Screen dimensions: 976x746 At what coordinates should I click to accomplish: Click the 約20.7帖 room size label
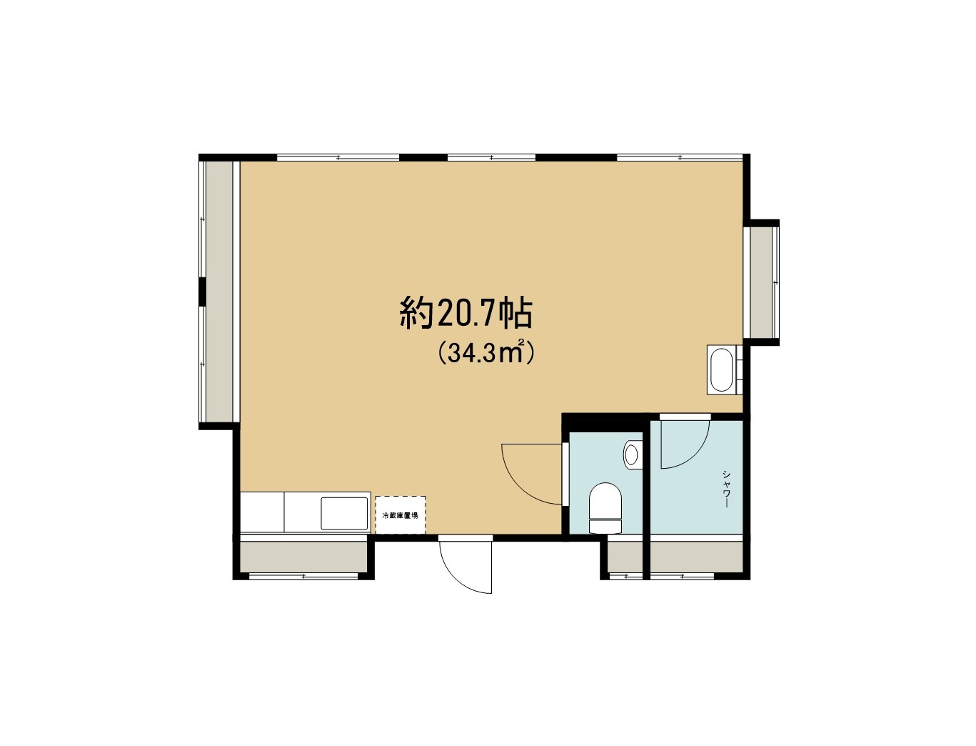(x=466, y=314)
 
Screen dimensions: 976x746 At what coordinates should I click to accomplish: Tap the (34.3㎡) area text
(x=486, y=353)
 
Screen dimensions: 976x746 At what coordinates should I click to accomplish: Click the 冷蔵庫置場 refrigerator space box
(x=401, y=514)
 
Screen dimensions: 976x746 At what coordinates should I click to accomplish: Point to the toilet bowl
(x=605, y=507)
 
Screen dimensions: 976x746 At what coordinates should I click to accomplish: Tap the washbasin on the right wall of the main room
(x=722, y=369)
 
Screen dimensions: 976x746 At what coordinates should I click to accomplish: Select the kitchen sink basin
(x=344, y=514)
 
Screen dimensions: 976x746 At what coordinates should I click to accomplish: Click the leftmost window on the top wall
(x=338, y=157)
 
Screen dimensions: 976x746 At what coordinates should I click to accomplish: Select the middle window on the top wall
(x=491, y=157)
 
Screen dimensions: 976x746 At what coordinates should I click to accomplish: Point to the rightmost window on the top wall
(x=680, y=157)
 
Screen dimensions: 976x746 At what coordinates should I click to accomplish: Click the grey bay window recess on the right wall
(x=761, y=283)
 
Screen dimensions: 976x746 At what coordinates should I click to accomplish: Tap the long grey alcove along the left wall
(x=220, y=292)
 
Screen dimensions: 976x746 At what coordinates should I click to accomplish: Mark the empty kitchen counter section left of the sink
(x=262, y=512)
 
